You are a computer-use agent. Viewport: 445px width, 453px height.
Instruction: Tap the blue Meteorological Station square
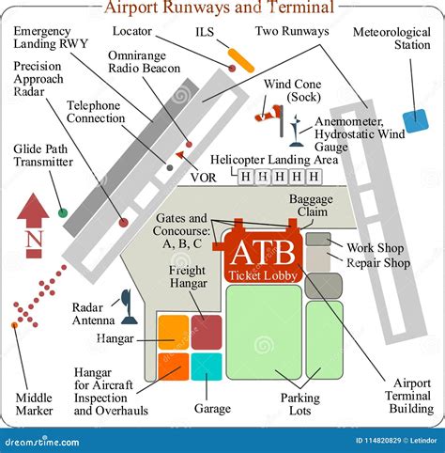414,121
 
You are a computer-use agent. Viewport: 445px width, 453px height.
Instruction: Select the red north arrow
34,211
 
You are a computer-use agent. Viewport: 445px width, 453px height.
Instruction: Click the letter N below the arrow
34,241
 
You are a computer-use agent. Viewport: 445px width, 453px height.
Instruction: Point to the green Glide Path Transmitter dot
63,212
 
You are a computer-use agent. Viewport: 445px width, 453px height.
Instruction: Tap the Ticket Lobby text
262,275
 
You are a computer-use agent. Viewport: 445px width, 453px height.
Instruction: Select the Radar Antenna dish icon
125,304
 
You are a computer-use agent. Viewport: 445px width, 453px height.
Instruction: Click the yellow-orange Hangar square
173,332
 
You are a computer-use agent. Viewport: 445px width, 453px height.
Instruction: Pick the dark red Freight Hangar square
207,332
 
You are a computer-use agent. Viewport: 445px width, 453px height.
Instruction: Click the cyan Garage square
207,367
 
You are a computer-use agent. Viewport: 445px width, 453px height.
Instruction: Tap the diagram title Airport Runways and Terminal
218,8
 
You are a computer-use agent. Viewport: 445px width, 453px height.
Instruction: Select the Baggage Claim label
311,206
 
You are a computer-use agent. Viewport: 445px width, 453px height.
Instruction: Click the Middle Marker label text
34,403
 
